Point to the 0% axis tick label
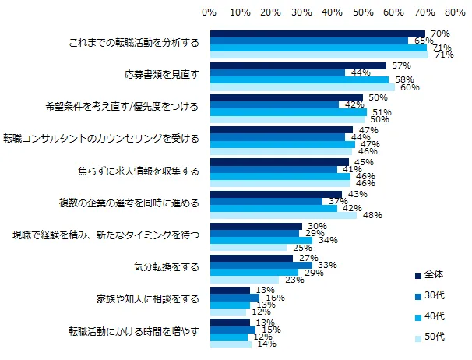209,12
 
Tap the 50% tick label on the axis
362,12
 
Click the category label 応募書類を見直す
163,76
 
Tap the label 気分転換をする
167,266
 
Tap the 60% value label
410,87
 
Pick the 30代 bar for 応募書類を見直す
277,73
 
